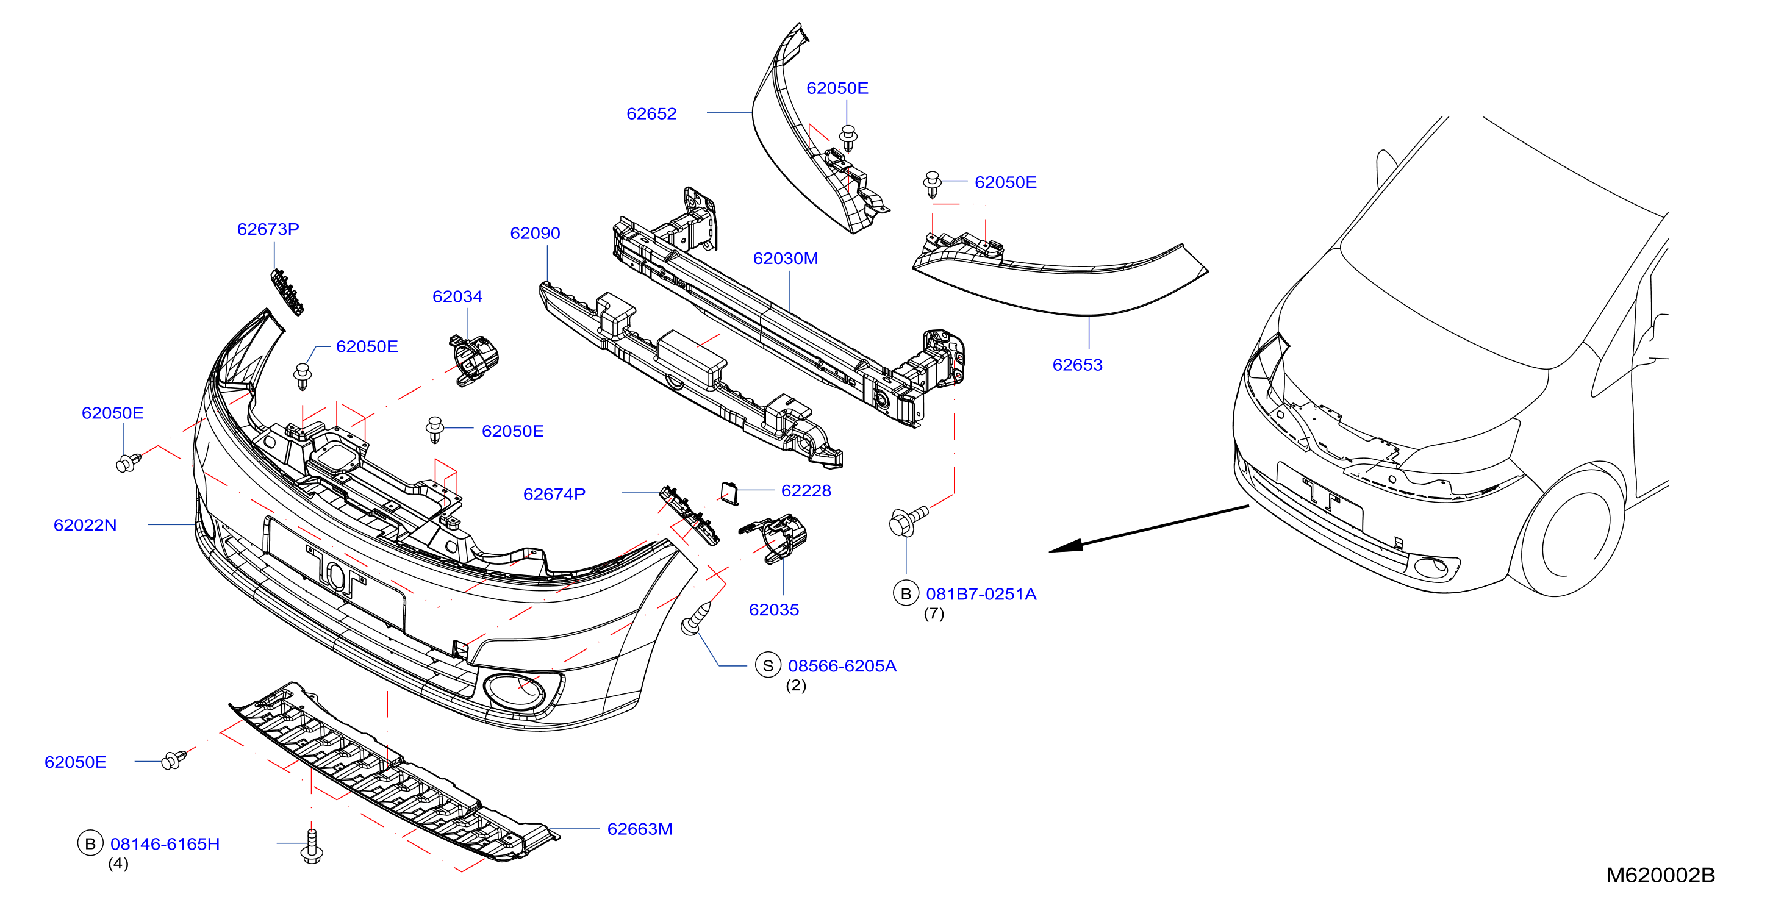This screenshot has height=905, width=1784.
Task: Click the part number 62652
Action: (x=651, y=113)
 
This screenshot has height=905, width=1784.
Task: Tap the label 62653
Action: (x=1077, y=365)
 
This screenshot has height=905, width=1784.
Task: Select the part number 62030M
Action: (x=786, y=259)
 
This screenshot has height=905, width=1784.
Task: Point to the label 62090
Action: (x=535, y=234)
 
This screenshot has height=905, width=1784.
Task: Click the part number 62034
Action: (x=457, y=296)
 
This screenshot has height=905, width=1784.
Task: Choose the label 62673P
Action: (x=268, y=229)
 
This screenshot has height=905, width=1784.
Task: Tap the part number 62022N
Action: (x=85, y=525)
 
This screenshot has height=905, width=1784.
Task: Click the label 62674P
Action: (x=554, y=495)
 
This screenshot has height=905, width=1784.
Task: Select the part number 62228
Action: (x=806, y=491)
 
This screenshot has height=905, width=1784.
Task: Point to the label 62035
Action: (x=773, y=610)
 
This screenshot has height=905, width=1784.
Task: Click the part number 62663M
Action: (x=639, y=829)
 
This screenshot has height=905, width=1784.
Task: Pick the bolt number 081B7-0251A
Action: (x=981, y=594)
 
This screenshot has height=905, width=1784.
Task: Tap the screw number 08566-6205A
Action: (x=842, y=666)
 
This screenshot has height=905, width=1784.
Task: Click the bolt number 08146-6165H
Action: (x=165, y=844)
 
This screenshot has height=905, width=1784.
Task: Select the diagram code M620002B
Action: (x=1660, y=875)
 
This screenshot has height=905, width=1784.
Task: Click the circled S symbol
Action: (x=768, y=666)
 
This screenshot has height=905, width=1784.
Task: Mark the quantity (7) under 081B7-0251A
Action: (x=934, y=614)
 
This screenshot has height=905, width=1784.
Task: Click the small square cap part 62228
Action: (x=729, y=493)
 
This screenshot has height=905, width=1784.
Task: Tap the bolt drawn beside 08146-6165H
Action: (x=312, y=845)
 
